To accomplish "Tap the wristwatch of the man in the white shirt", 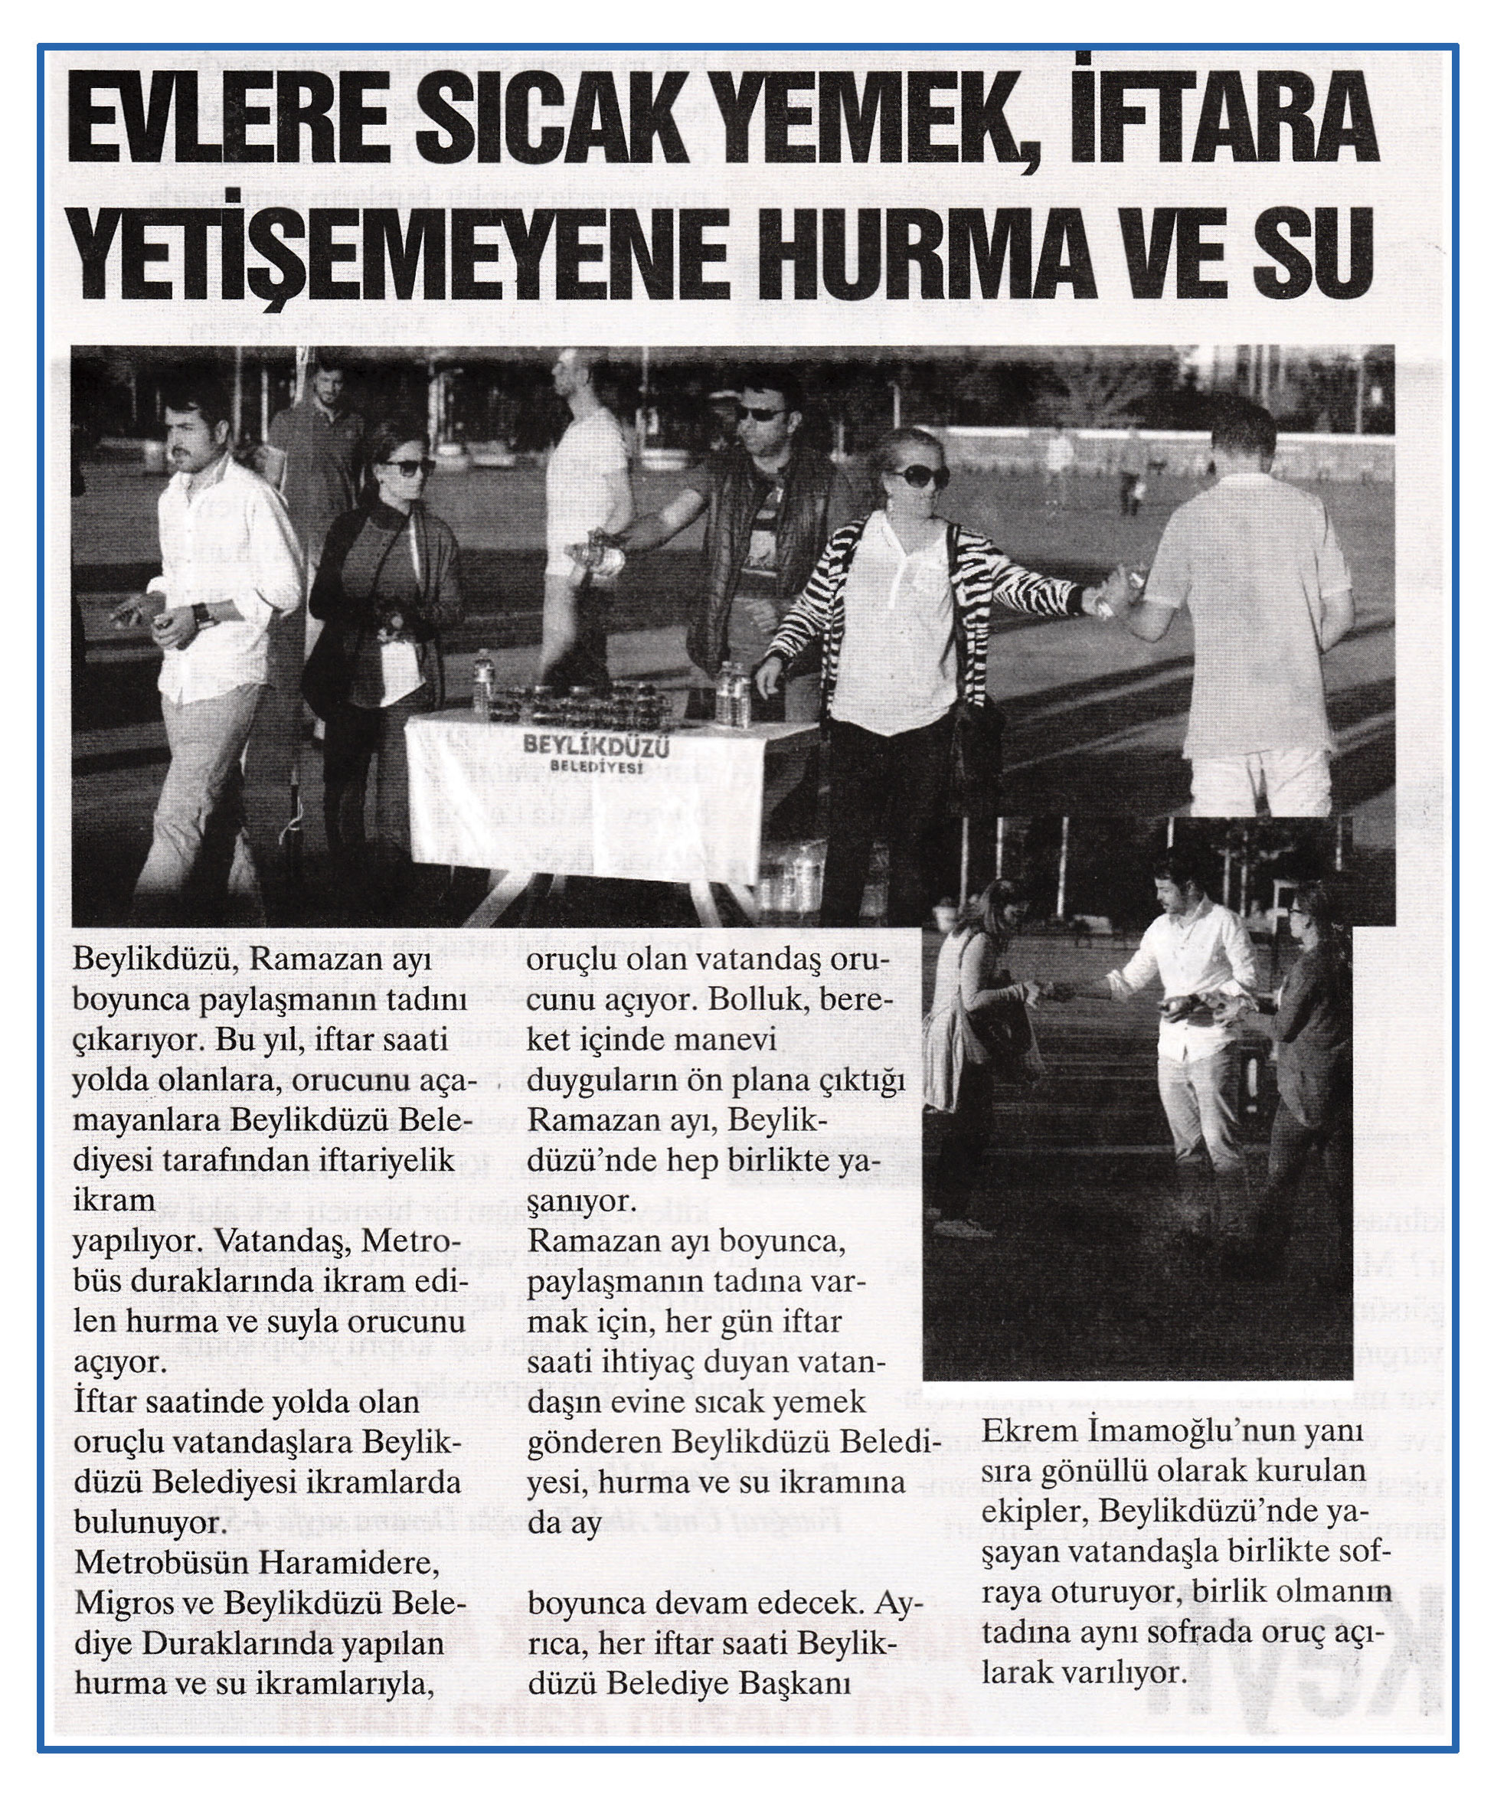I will pos(200,614).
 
